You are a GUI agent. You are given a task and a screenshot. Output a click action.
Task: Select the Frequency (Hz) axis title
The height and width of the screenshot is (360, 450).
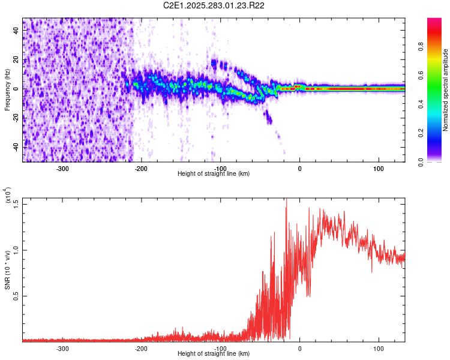click(8, 89)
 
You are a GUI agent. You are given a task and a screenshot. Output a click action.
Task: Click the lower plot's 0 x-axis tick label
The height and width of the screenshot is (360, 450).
click(300, 349)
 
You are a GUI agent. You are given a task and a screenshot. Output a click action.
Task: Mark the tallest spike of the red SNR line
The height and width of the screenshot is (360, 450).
click(286, 200)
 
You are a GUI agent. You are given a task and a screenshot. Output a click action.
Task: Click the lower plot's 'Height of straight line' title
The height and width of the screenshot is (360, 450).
click(214, 354)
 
